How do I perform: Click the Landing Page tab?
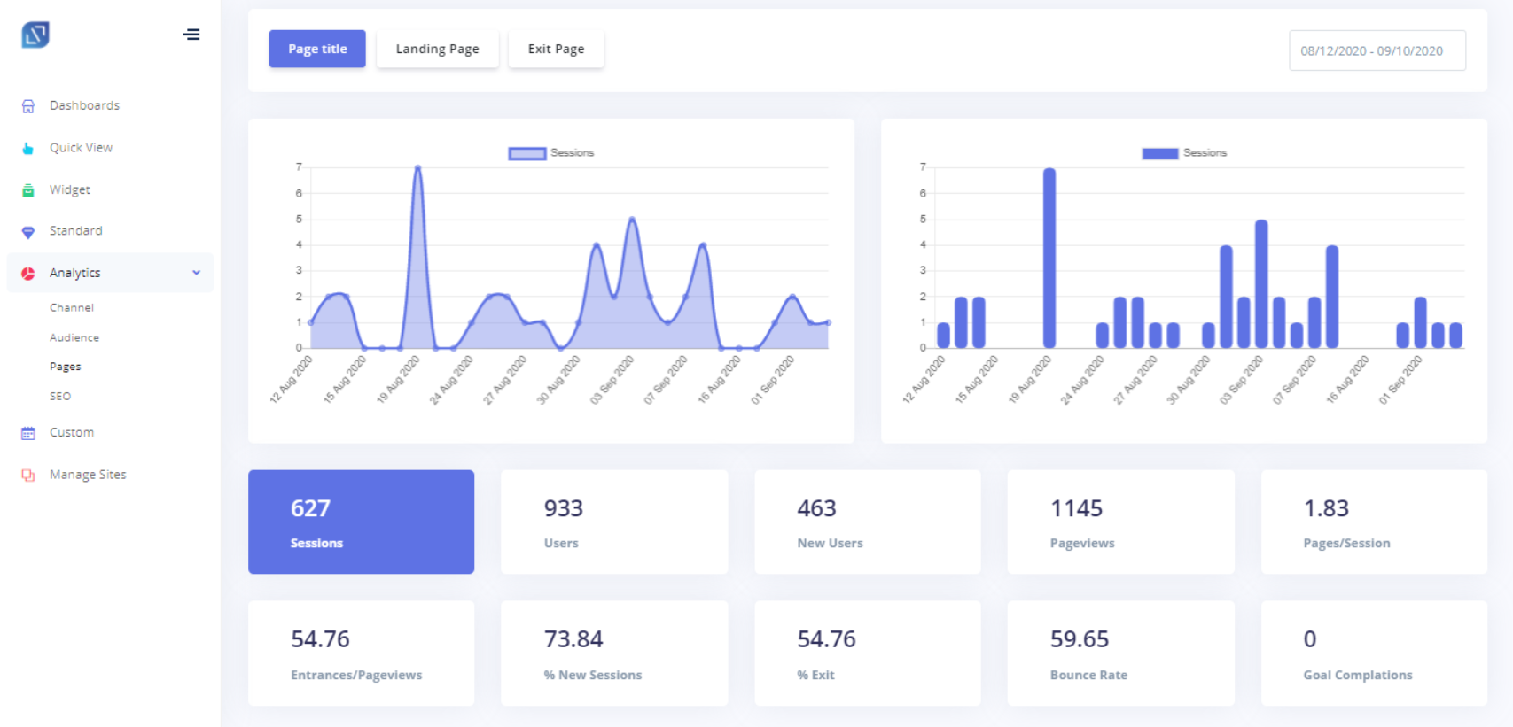coord(437,49)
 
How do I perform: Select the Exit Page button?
coord(556,49)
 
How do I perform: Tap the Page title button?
coord(317,49)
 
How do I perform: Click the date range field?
coord(1377,50)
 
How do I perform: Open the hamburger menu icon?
coord(191,35)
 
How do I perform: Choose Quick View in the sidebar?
coord(81,147)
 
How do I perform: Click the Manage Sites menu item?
coord(88,475)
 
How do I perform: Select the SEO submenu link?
coord(60,396)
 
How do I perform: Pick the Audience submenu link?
coord(74,337)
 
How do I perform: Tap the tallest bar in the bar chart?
coord(1049,258)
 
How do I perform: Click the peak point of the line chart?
coord(418,167)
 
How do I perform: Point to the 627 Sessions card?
coord(362,522)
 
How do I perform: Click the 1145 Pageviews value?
coord(1076,508)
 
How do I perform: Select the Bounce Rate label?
coord(1088,675)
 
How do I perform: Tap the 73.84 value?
coord(573,639)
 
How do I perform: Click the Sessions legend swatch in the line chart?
coord(526,153)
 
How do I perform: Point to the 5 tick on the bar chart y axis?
coord(923,220)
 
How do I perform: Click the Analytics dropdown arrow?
coord(197,273)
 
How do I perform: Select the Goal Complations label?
coord(1358,675)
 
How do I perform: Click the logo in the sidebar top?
coord(35,35)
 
